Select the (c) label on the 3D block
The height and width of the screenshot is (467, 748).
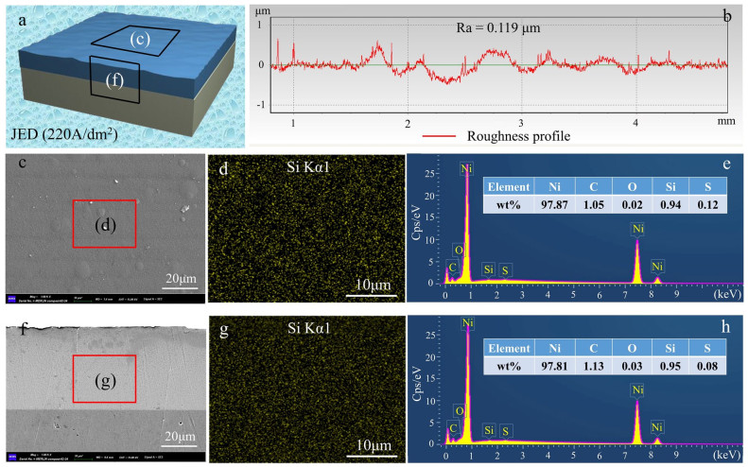pyautogui.click(x=139, y=41)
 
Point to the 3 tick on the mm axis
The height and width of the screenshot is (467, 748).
pyautogui.click(x=521, y=123)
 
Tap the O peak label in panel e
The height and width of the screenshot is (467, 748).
pyautogui.click(x=458, y=251)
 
